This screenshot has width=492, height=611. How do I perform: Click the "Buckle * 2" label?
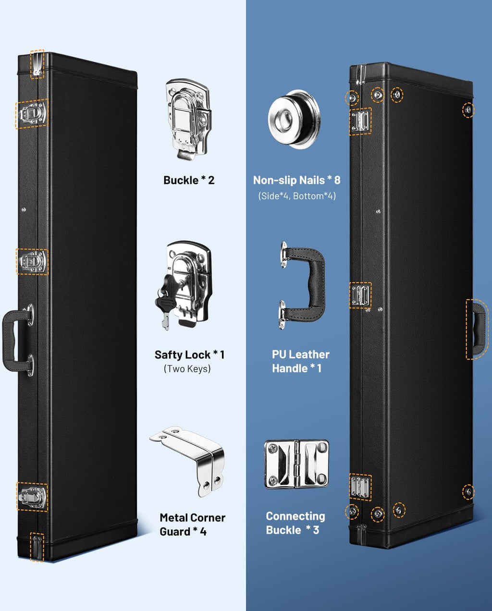189,180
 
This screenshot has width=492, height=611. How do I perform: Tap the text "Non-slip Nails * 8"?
296,180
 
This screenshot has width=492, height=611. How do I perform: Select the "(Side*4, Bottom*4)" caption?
297,196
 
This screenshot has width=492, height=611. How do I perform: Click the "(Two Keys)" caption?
187,368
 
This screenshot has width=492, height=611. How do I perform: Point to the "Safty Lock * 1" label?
189,354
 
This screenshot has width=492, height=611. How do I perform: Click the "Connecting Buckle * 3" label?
295,523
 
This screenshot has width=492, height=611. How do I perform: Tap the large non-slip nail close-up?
295,119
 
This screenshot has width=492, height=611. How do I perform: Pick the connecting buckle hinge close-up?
296,464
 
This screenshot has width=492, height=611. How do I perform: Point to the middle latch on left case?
32,261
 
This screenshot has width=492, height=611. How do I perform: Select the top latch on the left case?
32,113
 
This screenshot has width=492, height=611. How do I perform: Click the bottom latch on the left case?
32,497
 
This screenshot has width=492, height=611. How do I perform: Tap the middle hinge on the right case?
360,295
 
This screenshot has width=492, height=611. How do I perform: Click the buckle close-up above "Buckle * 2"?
189,119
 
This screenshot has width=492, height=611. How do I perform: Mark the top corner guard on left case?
37,64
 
